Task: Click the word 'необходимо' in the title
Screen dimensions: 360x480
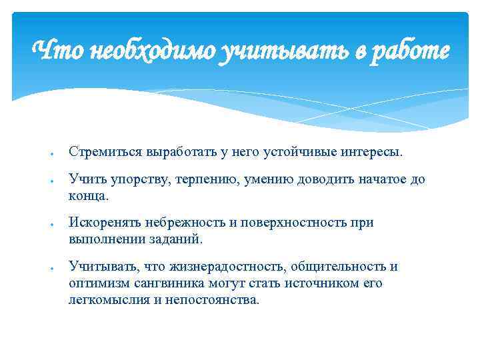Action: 140,50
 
